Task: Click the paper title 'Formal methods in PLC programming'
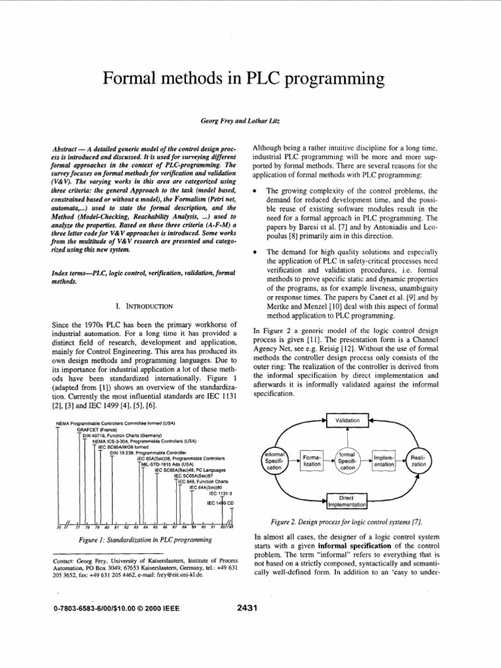pos(250,80)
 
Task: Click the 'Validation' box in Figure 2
pos(348,421)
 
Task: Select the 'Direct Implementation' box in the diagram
pos(347,501)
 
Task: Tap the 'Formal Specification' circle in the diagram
pos(347,461)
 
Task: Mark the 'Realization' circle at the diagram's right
pos(419,461)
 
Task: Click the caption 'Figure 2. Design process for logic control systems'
pos(346,521)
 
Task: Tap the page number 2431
pos(249,609)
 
